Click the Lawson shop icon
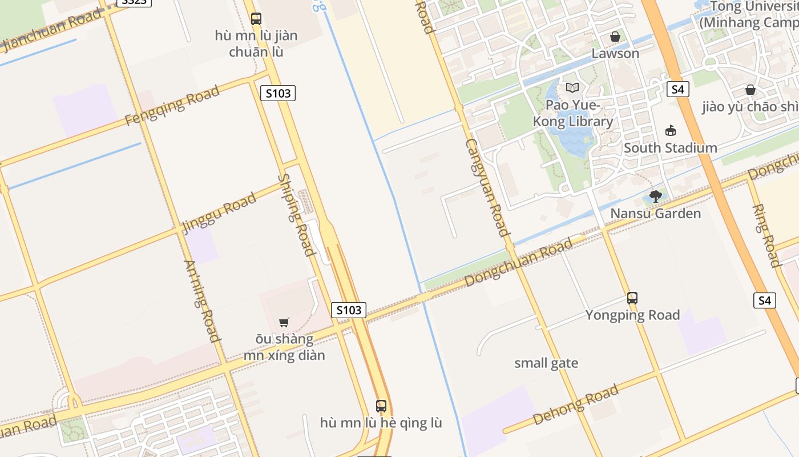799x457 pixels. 615,37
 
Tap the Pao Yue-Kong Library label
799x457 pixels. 572,113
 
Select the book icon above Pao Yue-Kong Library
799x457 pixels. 572,87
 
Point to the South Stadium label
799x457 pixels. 670,148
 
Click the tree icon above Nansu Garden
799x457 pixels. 656,197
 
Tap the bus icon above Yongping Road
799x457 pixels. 632,298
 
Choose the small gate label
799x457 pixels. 546,363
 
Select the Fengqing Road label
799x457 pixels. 172,106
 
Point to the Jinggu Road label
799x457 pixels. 219,213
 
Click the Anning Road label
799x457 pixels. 202,301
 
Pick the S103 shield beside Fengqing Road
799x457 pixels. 278,93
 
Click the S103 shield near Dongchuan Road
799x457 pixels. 349,310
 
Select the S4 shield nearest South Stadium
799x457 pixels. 677,89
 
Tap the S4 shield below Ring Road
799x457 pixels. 765,300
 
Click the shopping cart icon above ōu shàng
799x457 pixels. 284,322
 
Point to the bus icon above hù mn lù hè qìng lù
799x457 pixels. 381,406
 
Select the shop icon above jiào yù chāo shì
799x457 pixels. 750,90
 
